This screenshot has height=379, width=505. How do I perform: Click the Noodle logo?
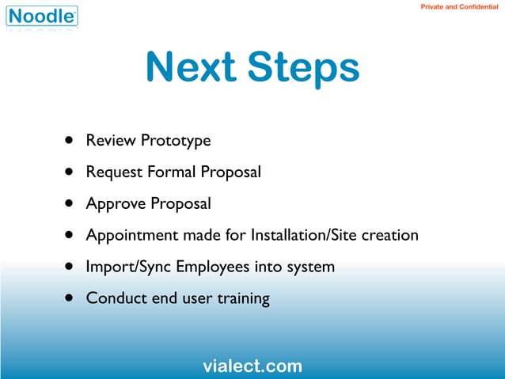coord(44,15)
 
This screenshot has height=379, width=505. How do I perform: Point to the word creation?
coord(389,236)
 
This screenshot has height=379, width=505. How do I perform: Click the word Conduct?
coord(113,299)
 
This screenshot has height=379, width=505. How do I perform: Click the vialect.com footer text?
coord(252,366)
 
